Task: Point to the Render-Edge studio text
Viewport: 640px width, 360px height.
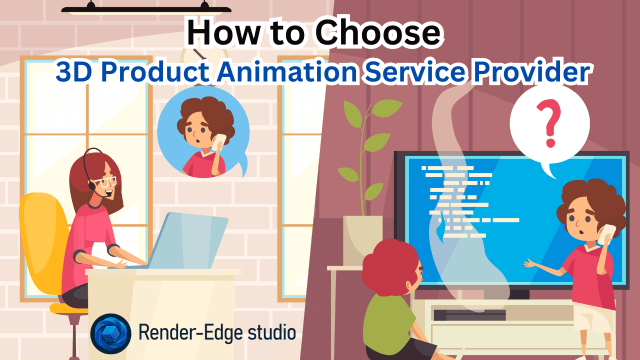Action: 217,332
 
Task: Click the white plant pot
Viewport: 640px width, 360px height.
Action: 362,240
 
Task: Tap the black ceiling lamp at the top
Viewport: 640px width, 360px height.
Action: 146,8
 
